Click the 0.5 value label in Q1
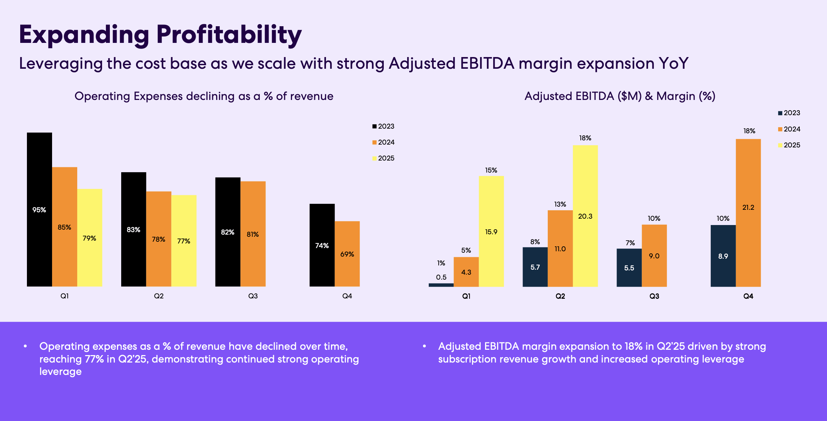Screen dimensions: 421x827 pos(441,277)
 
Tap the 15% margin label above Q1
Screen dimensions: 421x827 pos(491,170)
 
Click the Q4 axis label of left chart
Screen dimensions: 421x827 pos(347,296)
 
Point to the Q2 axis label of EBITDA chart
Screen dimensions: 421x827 pos(560,296)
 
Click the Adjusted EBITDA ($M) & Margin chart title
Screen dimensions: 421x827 pos(620,96)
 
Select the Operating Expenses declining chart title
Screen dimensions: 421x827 pos(204,96)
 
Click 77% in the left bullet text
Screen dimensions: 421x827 pos(94,359)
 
